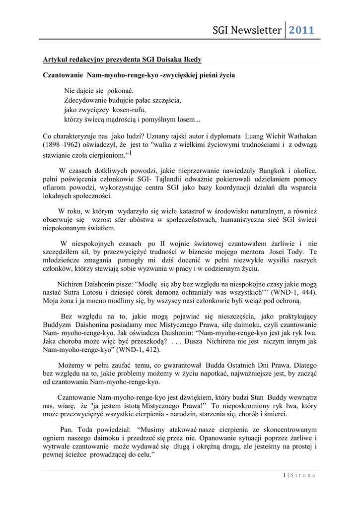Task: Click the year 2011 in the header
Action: (x=302, y=30)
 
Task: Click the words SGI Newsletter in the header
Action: (x=247, y=30)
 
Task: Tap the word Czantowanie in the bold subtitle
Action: (x=63, y=76)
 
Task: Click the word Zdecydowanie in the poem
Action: (x=85, y=100)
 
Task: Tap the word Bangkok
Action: (x=257, y=171)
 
